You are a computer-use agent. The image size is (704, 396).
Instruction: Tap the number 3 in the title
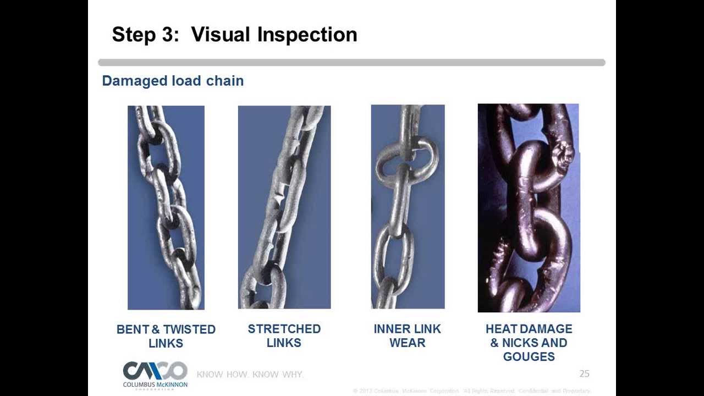tap(167, 35)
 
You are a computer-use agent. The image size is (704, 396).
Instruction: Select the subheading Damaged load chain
tap(173, 81)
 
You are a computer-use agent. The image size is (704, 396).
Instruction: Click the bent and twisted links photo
tap(166, 207)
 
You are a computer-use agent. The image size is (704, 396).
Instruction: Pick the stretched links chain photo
tap(284, 207)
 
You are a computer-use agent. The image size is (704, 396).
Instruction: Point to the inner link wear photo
tap(408, 207)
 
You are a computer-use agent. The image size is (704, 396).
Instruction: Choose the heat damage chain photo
tap(529, 208)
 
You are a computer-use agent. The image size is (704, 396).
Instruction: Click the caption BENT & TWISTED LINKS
tap(166, 336)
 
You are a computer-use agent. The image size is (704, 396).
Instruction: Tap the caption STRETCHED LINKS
tap(284, 335)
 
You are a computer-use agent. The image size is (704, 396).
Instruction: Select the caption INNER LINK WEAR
tap(408, 335)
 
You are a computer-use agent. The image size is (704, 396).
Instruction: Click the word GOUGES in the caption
tap(529, 357)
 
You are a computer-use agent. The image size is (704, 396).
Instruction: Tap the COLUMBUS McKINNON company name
tap(155, 384)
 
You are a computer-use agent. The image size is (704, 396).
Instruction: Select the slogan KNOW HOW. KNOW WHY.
tap(250, 375)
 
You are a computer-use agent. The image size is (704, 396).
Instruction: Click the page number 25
tap(584, 374)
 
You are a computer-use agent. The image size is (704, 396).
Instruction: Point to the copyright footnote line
tap(472, 391)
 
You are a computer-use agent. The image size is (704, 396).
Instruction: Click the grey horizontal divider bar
tap(351, 63)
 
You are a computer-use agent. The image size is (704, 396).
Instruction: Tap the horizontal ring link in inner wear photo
tap(407, 160)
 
